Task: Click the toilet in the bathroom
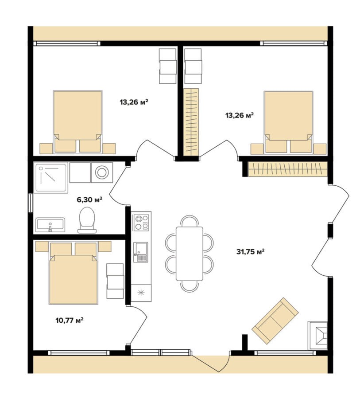pyautogui.click(x=87, y=220)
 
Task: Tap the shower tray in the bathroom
pyautogui.click(x=51, y=178)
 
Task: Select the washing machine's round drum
pyautogui.click(x=102, y=172)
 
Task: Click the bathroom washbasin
pyautogui.click(x=50, y=224)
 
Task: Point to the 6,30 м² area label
pyautogui.click(x=89, y=199)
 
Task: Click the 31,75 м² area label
pyautogui.click(x=251, y=252)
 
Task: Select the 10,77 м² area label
pyautogui.click(x=70, y=320)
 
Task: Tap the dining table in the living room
pyautogui.click(x=190, y=254)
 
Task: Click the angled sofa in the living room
pyautogui.click(x=275, y=321)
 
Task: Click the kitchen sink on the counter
pyautogui.click(x=141, y=252)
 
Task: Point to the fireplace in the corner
pyautogui.click(x=317, y=336)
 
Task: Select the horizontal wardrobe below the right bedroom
pyautogui.click(x=287, y=168)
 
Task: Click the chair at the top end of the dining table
pyautogui.click(x=190, y=221)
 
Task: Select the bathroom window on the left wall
pyautogui.click(x=31, y=203)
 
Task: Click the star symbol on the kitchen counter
pyautogui.click(x=141, y=293)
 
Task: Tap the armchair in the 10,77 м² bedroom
pyautogui.click(x=115, y=281)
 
